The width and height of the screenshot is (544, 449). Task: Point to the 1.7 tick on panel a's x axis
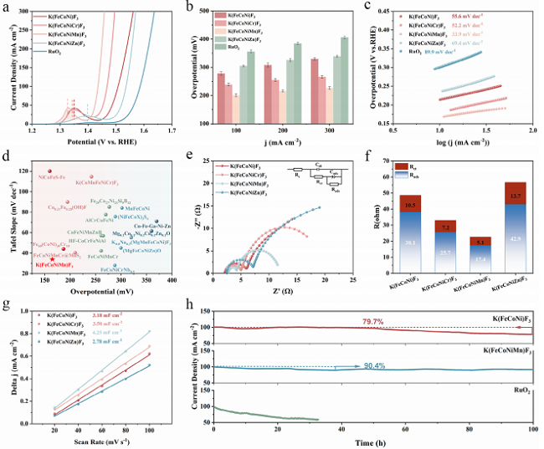point(172,131)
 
